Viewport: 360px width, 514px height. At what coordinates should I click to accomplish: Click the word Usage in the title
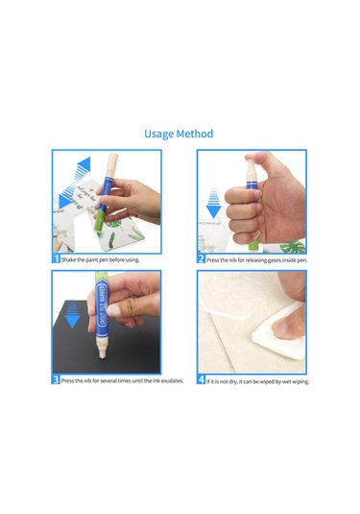coord(162,135)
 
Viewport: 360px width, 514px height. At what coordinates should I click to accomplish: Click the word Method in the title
coord(196,135)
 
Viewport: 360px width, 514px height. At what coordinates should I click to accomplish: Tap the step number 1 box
coord(56,258)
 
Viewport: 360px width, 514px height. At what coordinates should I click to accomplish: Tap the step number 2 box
coord(201,258)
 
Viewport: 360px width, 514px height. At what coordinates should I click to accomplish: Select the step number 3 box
coord(56,379)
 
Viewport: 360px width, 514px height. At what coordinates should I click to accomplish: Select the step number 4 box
coord(201,379)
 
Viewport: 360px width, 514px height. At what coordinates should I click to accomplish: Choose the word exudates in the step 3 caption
coord(167,380)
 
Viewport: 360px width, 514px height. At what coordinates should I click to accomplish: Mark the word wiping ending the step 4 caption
coord(296,380)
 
